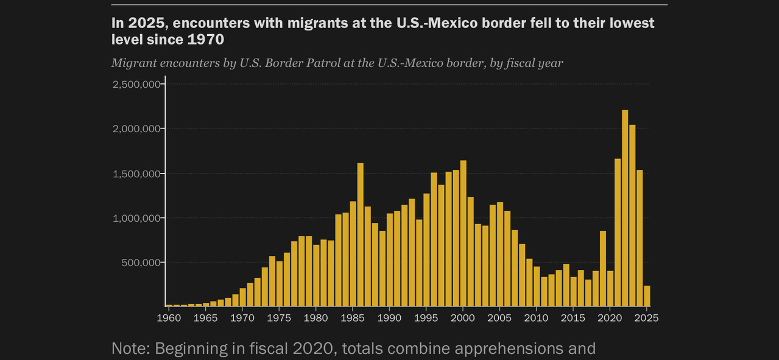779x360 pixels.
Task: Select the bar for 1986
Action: (x=361, y=235)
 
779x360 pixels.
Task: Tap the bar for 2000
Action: (x=464, y=233)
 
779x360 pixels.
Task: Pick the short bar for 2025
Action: (x=647, y=296)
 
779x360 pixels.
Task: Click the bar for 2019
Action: (x=603, y=269)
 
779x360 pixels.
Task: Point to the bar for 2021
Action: (x=618, y=232)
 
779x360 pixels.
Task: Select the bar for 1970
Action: (x=243, y=297)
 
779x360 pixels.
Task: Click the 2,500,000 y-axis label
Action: (x=136, y=84)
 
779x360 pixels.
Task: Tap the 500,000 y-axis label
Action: (x=141, y=263)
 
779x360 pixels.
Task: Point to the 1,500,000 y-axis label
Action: (x=136, y=174)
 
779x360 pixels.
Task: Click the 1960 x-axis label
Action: (x=169, y=318)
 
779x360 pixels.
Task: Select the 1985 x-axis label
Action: (x=353, y=318)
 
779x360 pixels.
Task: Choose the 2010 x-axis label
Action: (x=536, y=318)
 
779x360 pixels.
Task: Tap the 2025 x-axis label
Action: (x=646, y=318)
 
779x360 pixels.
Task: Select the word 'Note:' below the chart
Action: (x=131, y=348)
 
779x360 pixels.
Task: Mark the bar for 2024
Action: (x=640, y=238)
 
